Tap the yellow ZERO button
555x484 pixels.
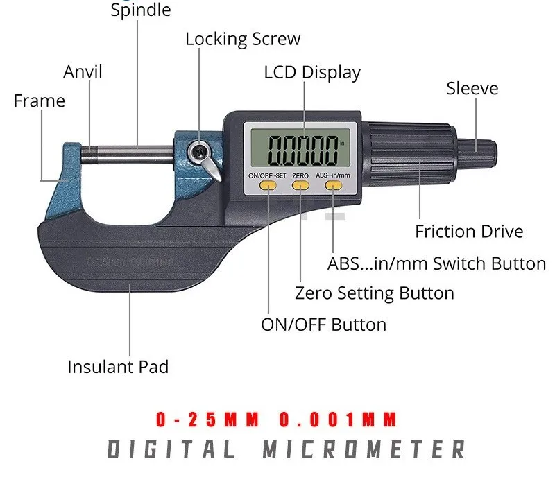pyautogui.click(x=300, y=187)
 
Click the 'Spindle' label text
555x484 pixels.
pyautogui.click(x=140, y=10)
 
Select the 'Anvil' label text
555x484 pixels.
pyautogui.click(x=83, y=71)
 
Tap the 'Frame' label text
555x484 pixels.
pyautogui.click(x=39, y=101)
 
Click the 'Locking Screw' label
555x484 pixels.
pyautogui.click(x=243, y=39)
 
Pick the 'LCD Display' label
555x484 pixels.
pyautogui.click(x=312, y=72)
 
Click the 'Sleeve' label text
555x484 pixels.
pyautogui.click(x=472, y=89)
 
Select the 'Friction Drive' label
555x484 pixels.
pyautogui.click(x=469, y=232)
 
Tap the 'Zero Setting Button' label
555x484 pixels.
pyautogui.click(x=374, y=293)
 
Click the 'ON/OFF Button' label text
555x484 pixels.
pyautogui.click(x=323, y=325)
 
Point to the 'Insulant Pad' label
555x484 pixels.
pyautogui.click(x=118, y=366)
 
